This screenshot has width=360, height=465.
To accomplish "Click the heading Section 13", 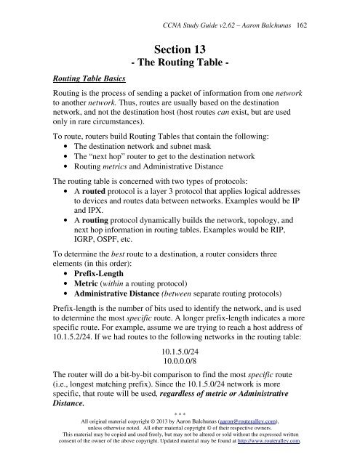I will (179, 49).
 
